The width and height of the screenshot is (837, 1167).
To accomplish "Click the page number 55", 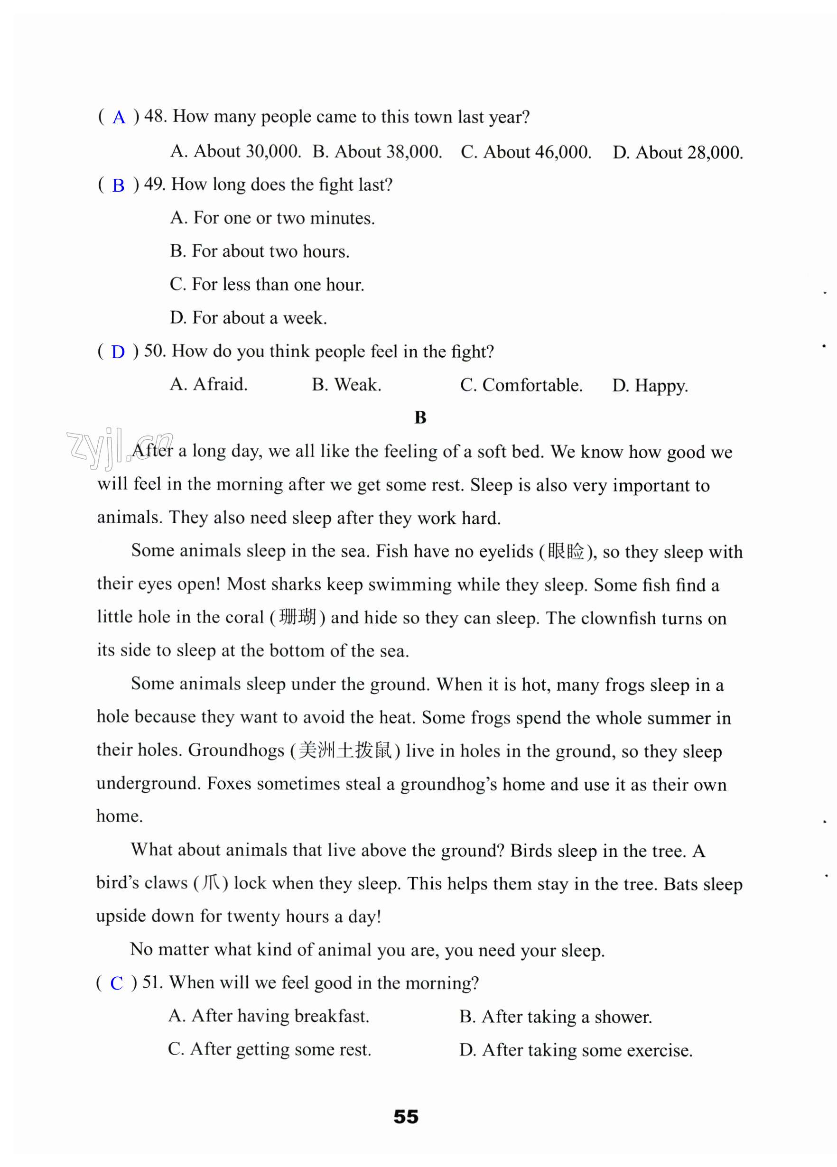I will (406, 1117).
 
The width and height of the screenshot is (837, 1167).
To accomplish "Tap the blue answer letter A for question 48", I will (119, 117).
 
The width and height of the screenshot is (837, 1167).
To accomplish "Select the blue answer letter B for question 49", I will (119, 185).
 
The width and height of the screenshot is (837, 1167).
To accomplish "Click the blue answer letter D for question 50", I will (118, 352).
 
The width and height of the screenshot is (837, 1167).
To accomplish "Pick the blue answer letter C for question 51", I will (117, 983).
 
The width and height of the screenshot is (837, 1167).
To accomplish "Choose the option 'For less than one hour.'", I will (267, 284).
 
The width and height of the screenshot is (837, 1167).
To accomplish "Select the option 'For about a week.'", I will (249, 317).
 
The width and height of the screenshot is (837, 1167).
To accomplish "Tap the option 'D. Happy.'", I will (650, 385).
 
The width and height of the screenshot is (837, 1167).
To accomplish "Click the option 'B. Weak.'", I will (346, 385).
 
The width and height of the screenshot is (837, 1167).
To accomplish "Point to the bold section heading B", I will (420, 417).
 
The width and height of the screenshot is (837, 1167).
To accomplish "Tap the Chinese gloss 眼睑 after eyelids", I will (565, 551).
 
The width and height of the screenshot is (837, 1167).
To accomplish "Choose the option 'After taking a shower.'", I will (556, 1017).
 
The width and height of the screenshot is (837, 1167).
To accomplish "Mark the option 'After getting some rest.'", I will (270, 1049).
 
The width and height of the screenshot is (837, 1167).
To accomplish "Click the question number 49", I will (154, 184).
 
